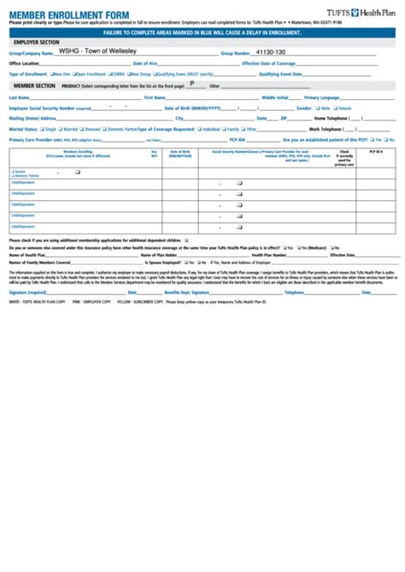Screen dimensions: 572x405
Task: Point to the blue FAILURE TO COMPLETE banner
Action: tap(202, 31)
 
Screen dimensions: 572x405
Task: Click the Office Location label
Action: tap(24, 63)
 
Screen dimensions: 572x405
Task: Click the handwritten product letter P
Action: tap(191, 84)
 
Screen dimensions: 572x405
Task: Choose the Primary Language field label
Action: tap(324, 97)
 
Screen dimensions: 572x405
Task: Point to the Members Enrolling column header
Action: tap(78, 151)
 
